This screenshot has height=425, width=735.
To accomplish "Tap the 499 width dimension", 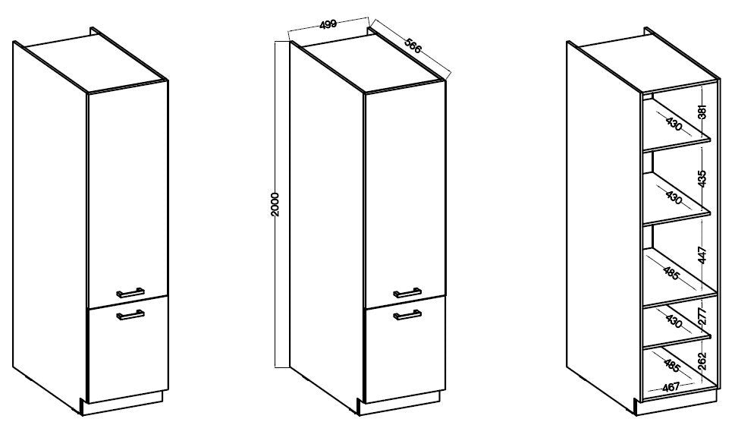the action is pyautogui.click(x=328, y=24).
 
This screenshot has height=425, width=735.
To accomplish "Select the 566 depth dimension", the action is pyautogui.click(x=413, y=45).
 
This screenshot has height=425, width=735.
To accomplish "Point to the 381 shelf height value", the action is pyautogui.click(x=702, y=112).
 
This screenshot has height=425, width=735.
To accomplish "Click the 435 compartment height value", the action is pyautogui.click(x=702, y=178).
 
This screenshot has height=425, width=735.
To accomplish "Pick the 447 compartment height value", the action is pyautogui.click(x=702, y=255).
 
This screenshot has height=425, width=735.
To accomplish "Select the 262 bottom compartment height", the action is pyautogui.click(x=702, y=361).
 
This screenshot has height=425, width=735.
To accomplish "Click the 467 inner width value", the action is pyautogui.click(x=671, y=387).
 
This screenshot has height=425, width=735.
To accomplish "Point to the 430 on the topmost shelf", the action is pyautogui.click(x=674, y=124).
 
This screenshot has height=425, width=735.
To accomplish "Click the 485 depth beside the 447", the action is pyautogui.click(x=671, y=272).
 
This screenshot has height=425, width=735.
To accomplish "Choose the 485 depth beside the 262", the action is pyautogui.click(x=673, y=364).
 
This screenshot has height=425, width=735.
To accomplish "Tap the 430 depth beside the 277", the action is pyautogui.click(x=674, y=321).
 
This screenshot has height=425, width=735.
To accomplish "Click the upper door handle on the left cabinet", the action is pyautogui.click(x=130, y=292).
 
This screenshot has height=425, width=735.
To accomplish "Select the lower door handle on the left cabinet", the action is pyautogui.click(x=130, y=315).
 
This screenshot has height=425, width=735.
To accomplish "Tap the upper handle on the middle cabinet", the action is pyautogui.click(x=407, y=292).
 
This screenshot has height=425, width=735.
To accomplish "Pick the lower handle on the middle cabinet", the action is pyautogui.click(x=407, y=315).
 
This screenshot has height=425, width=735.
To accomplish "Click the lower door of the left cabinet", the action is pyautogui.click(x=127, y=349).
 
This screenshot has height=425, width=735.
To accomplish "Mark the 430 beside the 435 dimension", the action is pyautogui.click(x=674, y=197).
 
